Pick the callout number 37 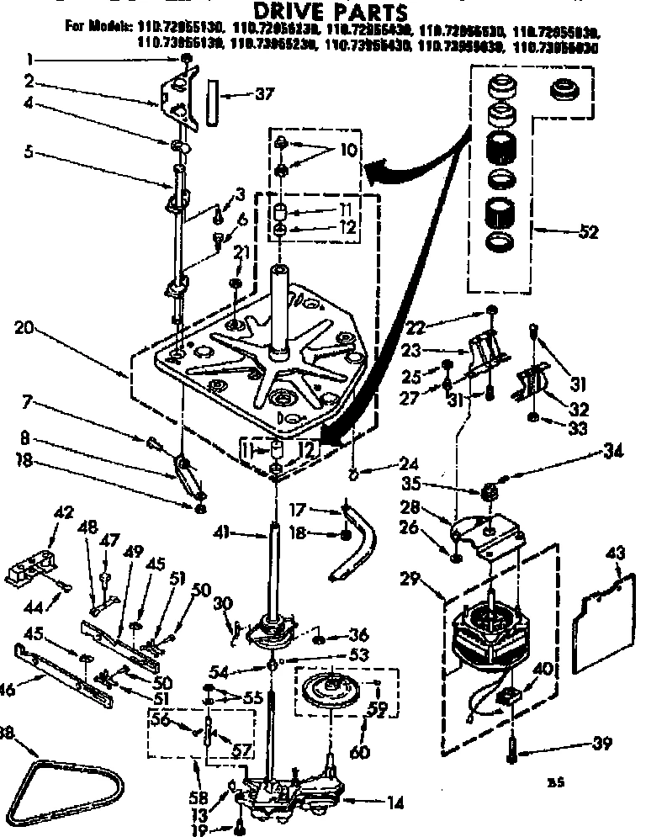(x=264, y=93)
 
